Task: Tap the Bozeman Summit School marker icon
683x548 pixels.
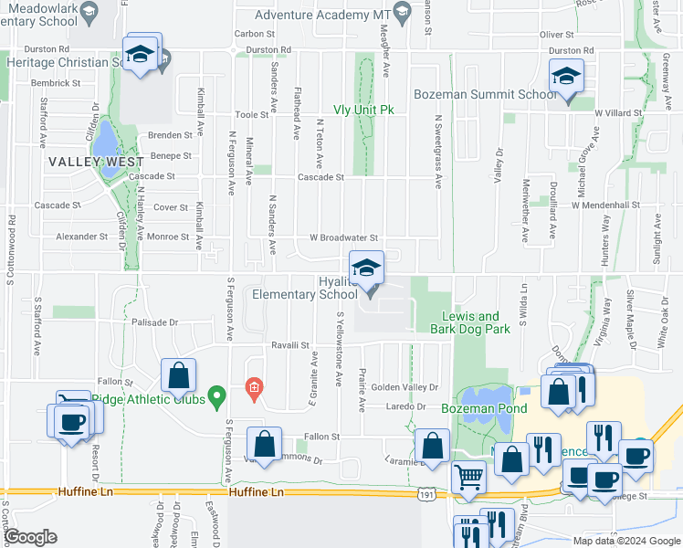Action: pyautogui.click(x=566, y=76)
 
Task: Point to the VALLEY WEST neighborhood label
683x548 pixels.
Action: pyautogui.click(x=96, y=162)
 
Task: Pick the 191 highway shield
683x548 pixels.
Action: pyautogui.click(x=426, y=494)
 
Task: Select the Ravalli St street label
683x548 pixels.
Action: pyautogui.click(x=291, y=345)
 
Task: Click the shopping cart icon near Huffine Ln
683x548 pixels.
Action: pyautogui.click(x=468, y=476)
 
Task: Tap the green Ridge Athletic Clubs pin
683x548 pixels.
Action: pyautogui.click(x=216, y=396)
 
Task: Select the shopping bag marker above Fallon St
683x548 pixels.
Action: pyautogui.click(x=178, y=374)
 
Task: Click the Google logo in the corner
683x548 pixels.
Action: pyautogui.click(x=30, y=537)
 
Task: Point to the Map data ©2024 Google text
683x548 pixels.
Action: pyautogui.click(x=626, y=541)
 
